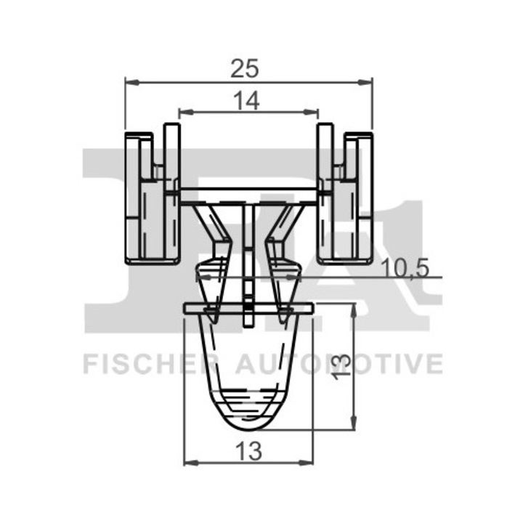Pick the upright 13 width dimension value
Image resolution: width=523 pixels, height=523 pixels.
click(248, 451)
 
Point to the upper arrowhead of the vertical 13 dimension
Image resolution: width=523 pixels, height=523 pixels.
click(354, 311)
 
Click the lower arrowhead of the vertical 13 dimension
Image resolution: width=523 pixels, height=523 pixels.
click(354, 423)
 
